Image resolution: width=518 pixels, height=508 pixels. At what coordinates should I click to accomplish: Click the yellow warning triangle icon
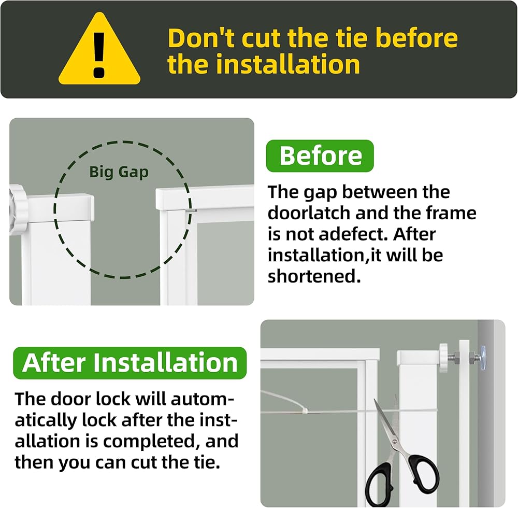pos(99,53)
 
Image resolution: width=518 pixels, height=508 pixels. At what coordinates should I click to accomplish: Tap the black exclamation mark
pos(99,55)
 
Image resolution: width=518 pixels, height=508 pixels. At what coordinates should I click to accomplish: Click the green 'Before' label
pos(320,156)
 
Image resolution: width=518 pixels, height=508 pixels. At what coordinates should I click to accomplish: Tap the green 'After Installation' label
pos(130,363)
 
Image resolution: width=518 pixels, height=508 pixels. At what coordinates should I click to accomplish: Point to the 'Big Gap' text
pos(119,172)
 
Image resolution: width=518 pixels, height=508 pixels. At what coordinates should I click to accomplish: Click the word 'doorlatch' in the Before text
pos(308,213)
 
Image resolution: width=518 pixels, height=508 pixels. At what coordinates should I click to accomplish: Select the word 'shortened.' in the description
pos(314,276)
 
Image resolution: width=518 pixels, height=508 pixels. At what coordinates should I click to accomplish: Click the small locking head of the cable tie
pos(305,411)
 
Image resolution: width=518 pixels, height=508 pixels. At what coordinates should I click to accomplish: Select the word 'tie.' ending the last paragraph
pos(207,462)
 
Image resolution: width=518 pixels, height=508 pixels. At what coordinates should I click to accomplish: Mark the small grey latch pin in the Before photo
pos(191,210)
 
